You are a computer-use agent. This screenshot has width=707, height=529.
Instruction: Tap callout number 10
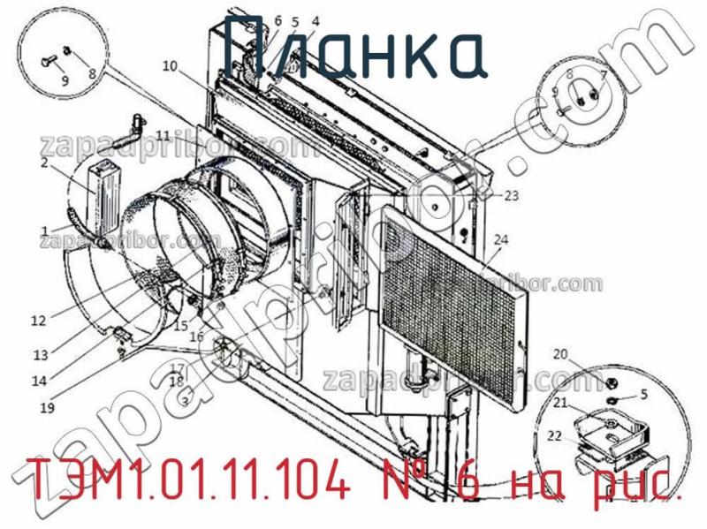click(169, 64)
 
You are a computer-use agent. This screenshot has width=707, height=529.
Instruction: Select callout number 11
click(163, 134)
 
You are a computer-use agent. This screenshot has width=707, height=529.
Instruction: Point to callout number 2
click(43, 162)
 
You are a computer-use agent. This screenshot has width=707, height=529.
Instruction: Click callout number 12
click(37, 321)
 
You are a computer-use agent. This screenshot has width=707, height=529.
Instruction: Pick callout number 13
click(41, 355)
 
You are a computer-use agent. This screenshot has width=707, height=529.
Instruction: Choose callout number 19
click(47, 408)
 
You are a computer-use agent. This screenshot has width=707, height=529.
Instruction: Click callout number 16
click(196, 336)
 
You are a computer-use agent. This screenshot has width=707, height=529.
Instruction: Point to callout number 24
click(501, 239)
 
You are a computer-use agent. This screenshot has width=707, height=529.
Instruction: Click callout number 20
click(560, 354)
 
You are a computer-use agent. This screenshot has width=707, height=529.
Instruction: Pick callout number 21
click(560, 404)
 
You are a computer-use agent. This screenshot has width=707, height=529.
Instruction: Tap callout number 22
click(554, 435)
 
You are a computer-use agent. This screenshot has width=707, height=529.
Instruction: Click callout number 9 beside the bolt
click(64, 80)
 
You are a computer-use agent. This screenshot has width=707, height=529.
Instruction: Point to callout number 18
click(177, 382)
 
